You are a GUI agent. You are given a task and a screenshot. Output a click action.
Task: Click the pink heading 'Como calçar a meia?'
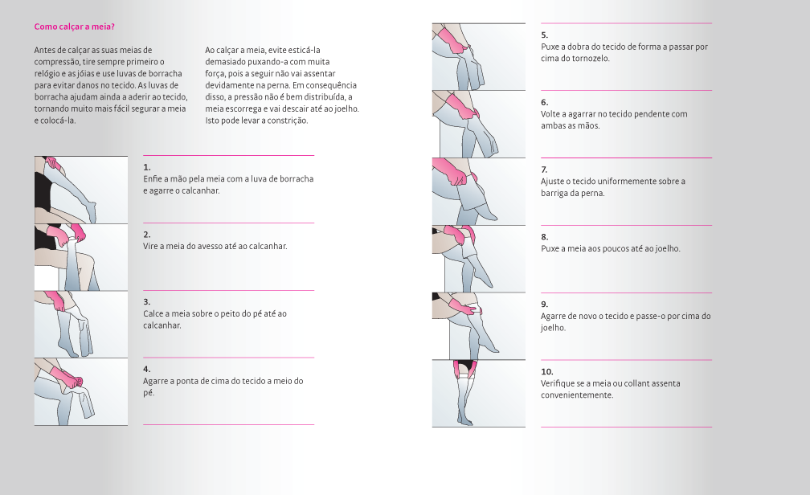tap(75, 27)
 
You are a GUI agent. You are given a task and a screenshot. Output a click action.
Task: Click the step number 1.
tap(147, 167)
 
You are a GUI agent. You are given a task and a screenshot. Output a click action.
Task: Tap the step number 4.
tap(147, 369)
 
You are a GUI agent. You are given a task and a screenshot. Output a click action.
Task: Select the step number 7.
tap(544, 170)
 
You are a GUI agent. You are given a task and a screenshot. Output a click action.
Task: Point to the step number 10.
tap(547, 371)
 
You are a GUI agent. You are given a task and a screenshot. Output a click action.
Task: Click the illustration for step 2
tap(81, 257)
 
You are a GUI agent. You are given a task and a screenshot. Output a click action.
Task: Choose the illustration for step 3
tap(81, 325)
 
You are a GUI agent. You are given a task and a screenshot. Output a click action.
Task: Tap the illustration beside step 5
tap(479, 57)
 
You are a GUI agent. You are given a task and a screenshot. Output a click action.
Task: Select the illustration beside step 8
tap(479, 259)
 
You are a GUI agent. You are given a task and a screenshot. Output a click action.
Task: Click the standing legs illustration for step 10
tap(479, 394)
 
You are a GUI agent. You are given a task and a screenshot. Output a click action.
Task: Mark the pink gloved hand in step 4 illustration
tap(66, 377)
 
